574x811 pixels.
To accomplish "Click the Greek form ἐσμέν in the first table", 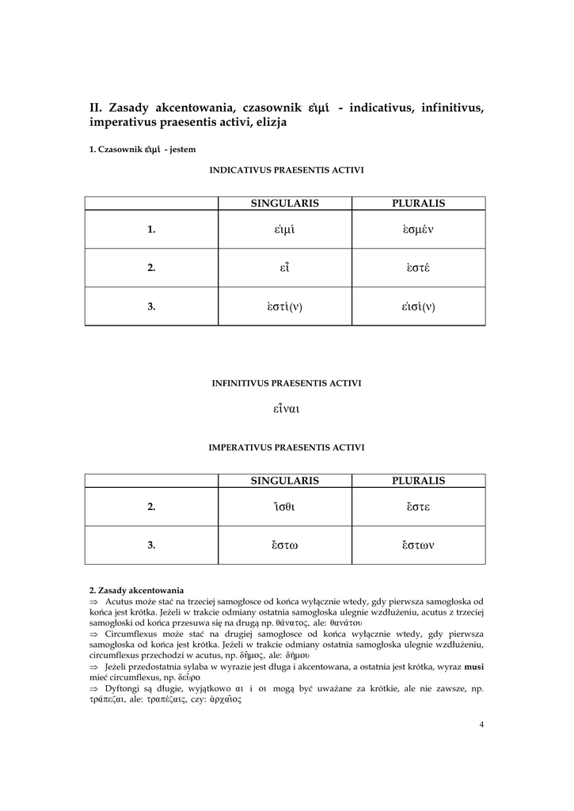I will coord(418,230).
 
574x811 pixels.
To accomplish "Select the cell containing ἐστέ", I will coord(418,268).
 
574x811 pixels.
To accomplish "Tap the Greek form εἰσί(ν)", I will coord(418,307).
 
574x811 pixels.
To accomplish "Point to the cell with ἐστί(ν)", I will coord(284,307).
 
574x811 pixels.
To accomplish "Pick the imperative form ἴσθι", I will coord(284,507).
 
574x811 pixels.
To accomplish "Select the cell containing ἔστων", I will coord(418,545).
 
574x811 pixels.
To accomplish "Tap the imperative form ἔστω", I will coord(284,545).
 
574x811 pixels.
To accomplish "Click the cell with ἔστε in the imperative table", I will coord(418,507).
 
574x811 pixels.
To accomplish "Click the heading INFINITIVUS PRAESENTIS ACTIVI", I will coord(286,383).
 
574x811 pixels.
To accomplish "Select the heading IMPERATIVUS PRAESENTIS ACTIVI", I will coord(286,447).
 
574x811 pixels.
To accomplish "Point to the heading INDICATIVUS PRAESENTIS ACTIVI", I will coord(286,170).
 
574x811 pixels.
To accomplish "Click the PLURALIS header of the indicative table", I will coord(418,204).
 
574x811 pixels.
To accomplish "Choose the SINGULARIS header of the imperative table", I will coord(284,481).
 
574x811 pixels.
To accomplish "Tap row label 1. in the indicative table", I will coord(151,230).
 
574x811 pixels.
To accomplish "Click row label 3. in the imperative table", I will coord(151,545).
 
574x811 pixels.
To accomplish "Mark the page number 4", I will coord(481,724).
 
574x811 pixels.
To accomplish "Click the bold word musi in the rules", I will coord(473,667).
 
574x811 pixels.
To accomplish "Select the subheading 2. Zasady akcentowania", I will coord(136,590).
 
